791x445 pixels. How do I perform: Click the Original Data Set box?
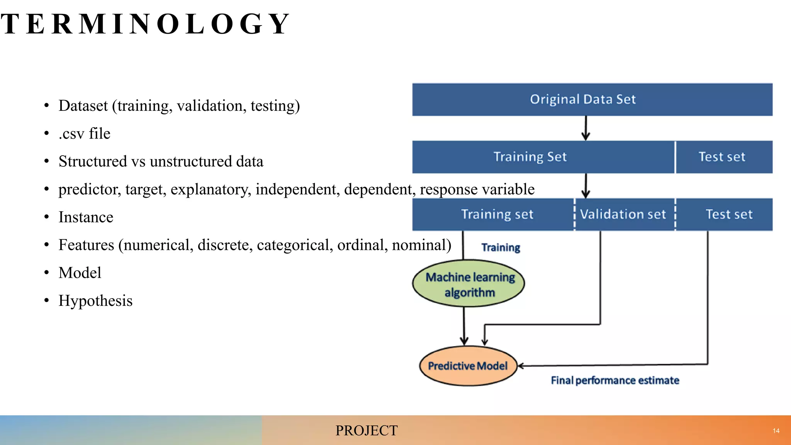click(x=592, y=100)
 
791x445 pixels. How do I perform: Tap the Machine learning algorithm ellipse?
click(x=468, y=284)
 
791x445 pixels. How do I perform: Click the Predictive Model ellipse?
click(x=468, y=366)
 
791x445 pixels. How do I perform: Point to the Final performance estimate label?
click(x=615, y=380)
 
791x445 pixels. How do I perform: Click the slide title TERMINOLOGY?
click(x=145, y=24)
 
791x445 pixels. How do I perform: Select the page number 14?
click(x=776, y=431)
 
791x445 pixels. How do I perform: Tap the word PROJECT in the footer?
click(x=366, y=431)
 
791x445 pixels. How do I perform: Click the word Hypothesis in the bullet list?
click(x=95, y=301)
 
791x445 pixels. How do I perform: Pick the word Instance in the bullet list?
click(x=86, y=217)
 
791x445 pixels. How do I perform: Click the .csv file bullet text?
click(x=84, y=134)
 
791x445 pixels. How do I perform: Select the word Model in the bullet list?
click(x=80, y=273)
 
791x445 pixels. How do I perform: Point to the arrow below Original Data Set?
click(x=586, y=128)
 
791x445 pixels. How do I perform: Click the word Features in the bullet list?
click(x=86, y=245)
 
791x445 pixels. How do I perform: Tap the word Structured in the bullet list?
click(x=93, y=161)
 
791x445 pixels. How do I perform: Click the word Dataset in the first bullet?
click(x=83, y=106)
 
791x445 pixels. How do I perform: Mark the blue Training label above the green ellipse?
click(x=501, y=247)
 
